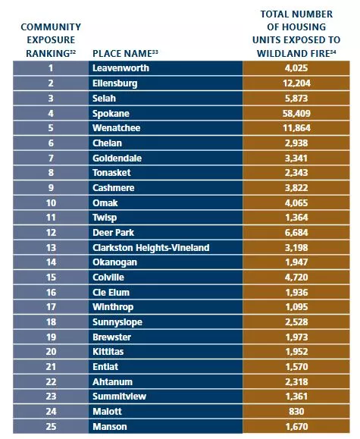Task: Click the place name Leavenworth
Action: point(121,68)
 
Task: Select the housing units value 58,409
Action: point(296,114)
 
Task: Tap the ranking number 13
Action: point(51,247)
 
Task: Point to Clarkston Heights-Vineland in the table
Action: point(151,247)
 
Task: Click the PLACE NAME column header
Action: point(125,53)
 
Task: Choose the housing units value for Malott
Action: point(296,411)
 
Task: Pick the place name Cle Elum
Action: point(111,293)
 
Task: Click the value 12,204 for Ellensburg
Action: point(296,83)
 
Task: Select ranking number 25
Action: point(51,426)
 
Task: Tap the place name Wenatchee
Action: point(117,128)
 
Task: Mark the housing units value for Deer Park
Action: point(296,232)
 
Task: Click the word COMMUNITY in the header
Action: point(51,27)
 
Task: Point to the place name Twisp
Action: point(105,218)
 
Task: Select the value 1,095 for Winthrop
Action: point(296,307)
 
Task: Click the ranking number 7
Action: point(51,158)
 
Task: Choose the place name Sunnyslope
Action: point(117,322)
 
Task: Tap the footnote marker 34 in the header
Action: point(333,52)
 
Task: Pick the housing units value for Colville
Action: point(296,278)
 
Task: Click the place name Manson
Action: point(110,426)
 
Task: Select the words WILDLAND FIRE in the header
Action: point(293,54)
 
